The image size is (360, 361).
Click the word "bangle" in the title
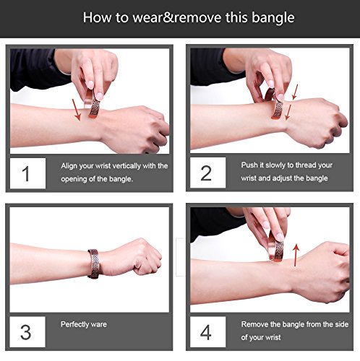tap(273, 18)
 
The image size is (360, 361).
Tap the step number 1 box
tap(27, 173)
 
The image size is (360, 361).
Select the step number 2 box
tap(207, 173)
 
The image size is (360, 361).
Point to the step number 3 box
tap(27, 332)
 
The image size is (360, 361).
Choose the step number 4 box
tap(207, 332)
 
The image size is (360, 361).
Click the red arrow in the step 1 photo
tap(77, 110)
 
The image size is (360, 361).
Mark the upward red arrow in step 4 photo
tap(296, 255)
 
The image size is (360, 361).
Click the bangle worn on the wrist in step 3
tap(93, 264)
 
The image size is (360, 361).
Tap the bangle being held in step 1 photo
tap(93, 104)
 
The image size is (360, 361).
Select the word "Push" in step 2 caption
tap(249, 165)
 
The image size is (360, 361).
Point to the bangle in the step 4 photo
tap(276, 247)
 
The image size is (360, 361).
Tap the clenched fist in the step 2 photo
tap(318, 123)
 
